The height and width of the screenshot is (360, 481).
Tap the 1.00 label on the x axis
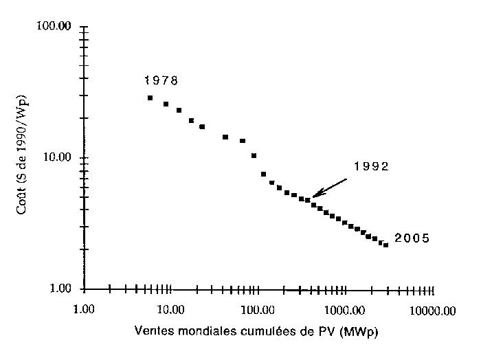tap(84, 310)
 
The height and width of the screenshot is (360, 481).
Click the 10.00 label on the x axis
tap(170, 310)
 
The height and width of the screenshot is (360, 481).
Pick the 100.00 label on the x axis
tap(257, 310)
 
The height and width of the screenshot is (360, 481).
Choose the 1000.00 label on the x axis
tap(344, 310)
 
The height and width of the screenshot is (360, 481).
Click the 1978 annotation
tap(161, 81)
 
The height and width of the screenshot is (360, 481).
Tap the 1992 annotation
tap(371, 166)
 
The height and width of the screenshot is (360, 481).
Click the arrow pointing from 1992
tap(329, 188)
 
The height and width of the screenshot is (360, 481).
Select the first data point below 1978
tap(150, 98)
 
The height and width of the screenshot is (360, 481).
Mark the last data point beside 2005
tap(386, 245)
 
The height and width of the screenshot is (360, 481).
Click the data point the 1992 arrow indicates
tap(307, 200)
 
